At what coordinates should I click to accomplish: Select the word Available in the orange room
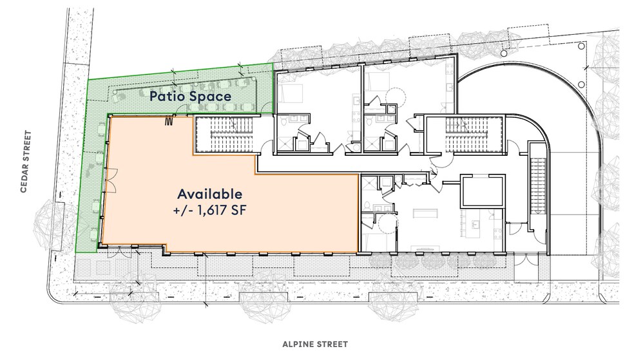[x=210, y=193]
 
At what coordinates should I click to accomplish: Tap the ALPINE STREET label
[x=314, y=345]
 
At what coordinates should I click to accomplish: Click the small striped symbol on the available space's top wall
[x=171, y=120]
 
